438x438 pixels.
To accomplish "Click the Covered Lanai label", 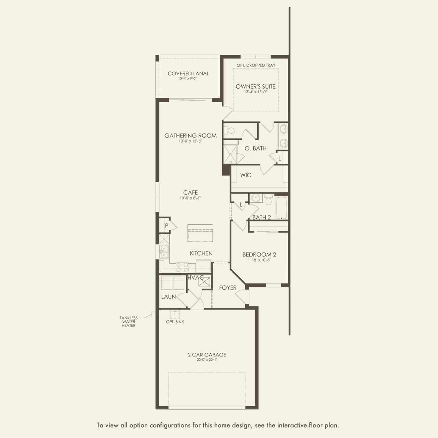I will pyautogui.click(x=188, y=73).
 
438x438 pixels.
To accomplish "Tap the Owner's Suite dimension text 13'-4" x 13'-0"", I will pyautogui.click(x=255, y=92).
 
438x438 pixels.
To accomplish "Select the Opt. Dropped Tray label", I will pyautogui.click(x=256, y=65).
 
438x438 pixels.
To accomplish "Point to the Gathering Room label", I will pyautogui.click(x=190, y=135).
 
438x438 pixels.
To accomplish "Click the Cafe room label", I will pyautogui.click(x=190, y=193).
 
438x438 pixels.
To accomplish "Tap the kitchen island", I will pyautogui.click(x=200, y=233).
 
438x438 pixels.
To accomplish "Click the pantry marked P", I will pyautogui.click(x=166, y=225).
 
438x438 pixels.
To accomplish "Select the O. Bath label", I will pyautogui.click(x=255, y=148).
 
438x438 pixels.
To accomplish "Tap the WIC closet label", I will pyautogui.click(x=245, y=175).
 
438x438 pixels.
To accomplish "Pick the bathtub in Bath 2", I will pyautogui.click(x=282, y=208).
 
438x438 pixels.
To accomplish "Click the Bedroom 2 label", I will pyautogui.click(x=259, y=254).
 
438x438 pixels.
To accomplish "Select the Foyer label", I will pyautogui.click(x=227, y=288).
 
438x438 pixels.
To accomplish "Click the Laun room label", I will pyautogui.click(x=168, y=297).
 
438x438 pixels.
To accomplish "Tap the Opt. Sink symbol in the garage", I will pyautogui.click(x=175, y=314).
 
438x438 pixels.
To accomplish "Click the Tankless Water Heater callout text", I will pyautogui.click(x=129, y=322).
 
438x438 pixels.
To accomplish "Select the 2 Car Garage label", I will pyautogui.click(x=207, y=355).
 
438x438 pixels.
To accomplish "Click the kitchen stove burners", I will pyautogui.click(x=182, y=267).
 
